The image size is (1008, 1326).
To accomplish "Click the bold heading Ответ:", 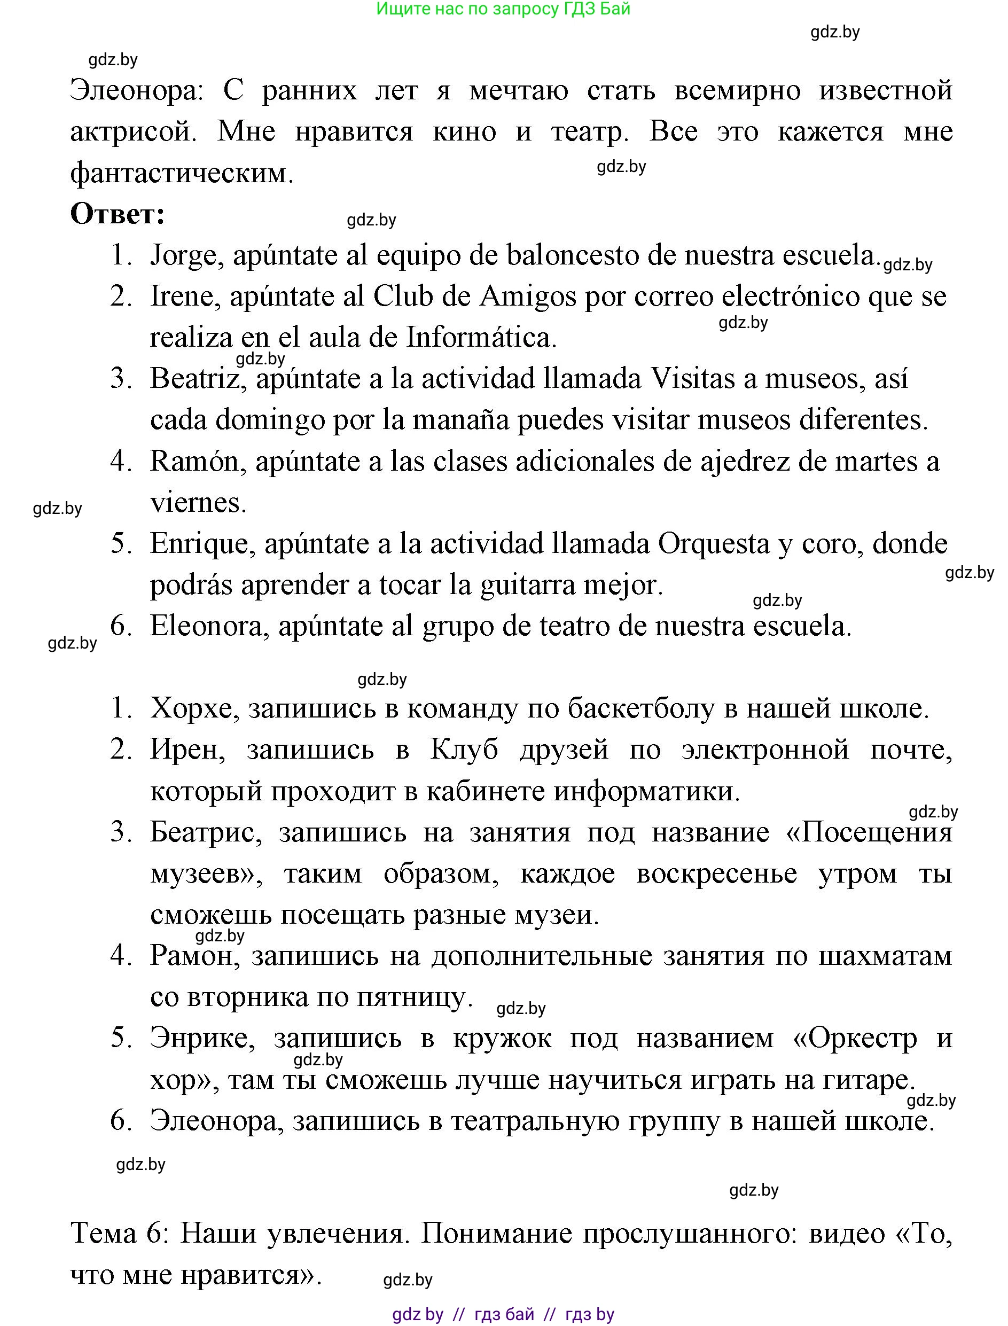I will coord(118,214).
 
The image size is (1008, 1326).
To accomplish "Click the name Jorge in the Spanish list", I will coord(183,255).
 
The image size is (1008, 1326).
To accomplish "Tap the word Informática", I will coord(481,338).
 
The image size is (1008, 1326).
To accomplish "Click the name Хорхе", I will coord(191,708).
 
